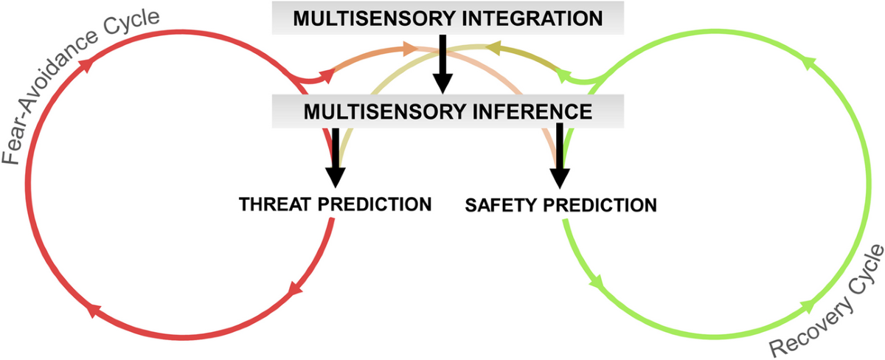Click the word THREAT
point(276,204)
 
